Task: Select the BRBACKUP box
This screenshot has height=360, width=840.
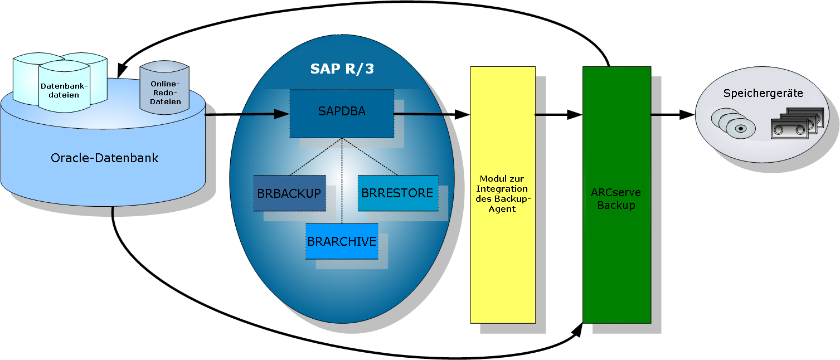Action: pos(289,193)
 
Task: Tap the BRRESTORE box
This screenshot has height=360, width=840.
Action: pos(397,193)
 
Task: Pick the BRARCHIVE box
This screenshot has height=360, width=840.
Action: pos(342,241)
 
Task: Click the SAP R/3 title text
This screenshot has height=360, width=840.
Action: pos(342,69)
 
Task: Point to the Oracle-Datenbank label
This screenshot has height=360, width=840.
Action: pos(104,158)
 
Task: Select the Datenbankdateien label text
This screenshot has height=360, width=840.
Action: pos(64,91)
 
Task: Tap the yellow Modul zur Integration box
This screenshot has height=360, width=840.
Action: pos(503,194)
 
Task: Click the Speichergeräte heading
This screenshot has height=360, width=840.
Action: pos(763,94)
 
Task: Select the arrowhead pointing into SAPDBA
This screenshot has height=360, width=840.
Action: pos(282,114)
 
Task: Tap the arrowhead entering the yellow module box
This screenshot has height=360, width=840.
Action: pos(463,114)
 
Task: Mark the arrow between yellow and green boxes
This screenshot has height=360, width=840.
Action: pos(559,115)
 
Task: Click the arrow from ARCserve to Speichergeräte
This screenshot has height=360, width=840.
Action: pos(673,115)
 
